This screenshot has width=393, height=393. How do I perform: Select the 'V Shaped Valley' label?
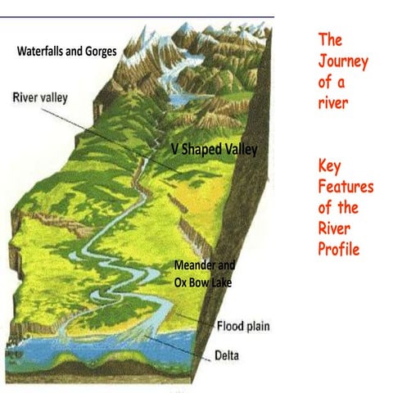(x=214, y=150)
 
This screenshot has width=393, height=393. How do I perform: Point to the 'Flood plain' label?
(x=243, y=326)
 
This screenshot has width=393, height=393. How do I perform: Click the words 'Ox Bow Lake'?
(x=202, y=283)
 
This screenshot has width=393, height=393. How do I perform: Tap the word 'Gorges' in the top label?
(x=97, y=51)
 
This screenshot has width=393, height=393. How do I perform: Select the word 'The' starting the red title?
(x=329, y=40)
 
